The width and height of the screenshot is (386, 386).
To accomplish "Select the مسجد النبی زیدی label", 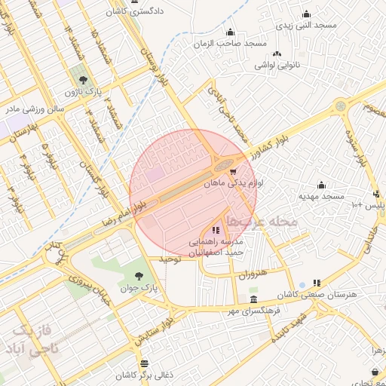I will [x=306, y=25].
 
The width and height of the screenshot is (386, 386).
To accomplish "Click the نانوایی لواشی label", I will [x=277, y=65].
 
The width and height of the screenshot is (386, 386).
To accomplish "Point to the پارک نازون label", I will [x=82, y=91].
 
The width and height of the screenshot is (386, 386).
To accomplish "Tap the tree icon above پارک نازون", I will [x=83, y=78].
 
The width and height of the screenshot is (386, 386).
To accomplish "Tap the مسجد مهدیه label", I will [x=321, y=196].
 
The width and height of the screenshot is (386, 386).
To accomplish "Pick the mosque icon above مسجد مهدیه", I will [x=321, y=184].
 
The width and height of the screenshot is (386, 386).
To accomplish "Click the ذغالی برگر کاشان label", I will [x=145, y=375].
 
